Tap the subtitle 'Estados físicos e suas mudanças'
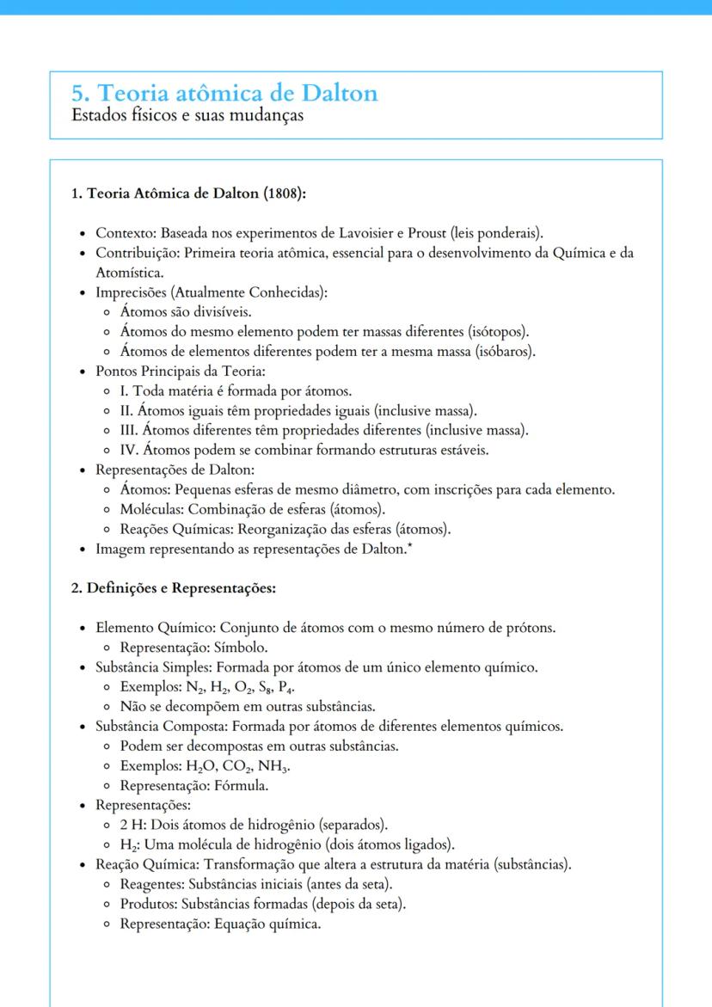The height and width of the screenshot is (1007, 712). point(187,115)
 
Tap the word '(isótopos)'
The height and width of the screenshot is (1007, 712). point(498,331)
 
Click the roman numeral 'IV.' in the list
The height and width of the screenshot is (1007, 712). point(131,450)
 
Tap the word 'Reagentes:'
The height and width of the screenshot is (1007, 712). point(152,884)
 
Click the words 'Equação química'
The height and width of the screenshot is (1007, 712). point(278,924)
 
